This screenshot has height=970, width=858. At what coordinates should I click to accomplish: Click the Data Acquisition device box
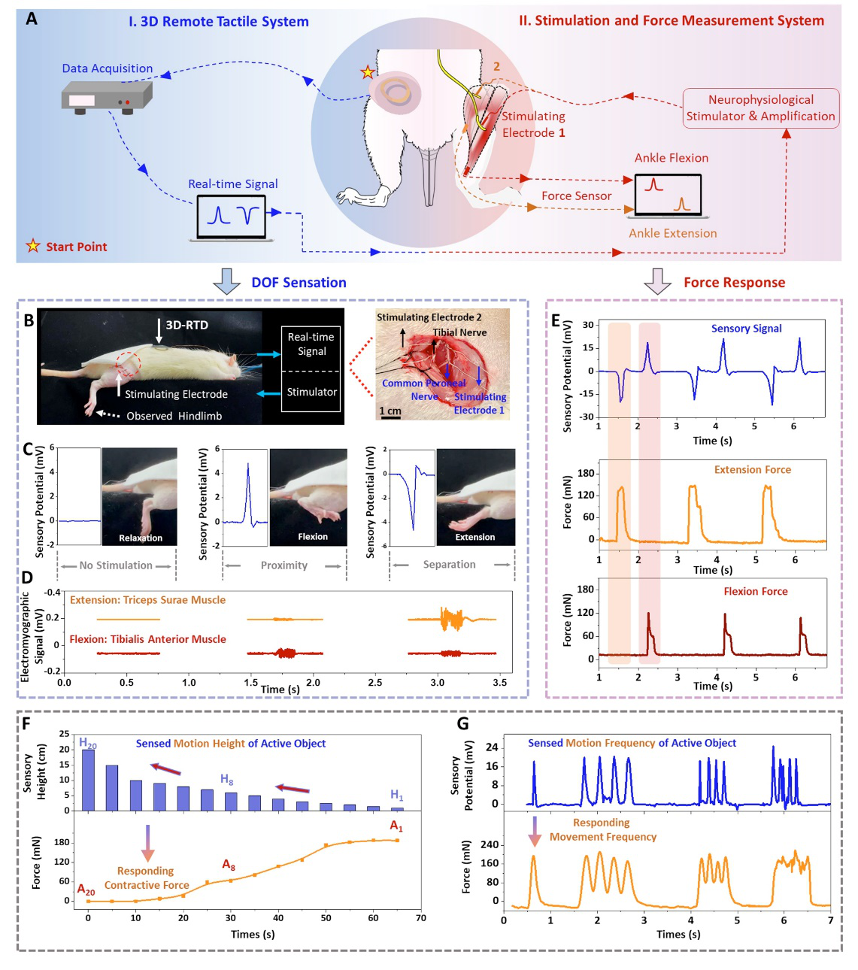click(106, 98)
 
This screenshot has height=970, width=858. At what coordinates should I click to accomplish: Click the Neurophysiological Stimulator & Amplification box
click(760, 108)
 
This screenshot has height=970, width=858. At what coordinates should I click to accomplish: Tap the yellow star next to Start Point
click(33, 246)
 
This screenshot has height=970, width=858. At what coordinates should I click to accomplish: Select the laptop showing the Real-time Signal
click(232, 217)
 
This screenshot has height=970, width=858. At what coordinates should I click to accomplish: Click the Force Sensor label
click(576, 196)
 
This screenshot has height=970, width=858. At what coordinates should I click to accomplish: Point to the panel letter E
click(556, 321)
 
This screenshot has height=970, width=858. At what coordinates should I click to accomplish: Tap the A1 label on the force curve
click(396, 826)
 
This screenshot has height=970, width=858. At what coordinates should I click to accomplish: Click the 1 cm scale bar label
click(390, 411)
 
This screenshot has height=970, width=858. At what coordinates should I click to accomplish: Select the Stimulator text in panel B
click(311, 392)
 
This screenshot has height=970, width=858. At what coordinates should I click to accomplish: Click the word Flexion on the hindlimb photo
click(312, 537)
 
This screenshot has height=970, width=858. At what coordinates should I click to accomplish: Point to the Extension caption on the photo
click(474, 537)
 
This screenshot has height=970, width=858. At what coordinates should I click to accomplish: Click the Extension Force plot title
click(752, 470)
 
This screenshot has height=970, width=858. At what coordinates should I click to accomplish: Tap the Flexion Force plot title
click(755, 592)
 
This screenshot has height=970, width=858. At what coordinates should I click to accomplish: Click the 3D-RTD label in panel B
click(186, 325)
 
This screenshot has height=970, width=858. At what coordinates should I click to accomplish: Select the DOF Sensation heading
click(299, 283)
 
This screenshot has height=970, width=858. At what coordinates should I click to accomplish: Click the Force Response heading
click(734, 283)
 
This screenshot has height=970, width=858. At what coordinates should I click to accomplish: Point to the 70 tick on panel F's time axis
click(421, 918)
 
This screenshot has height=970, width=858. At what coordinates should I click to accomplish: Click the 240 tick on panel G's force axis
click(490, 844)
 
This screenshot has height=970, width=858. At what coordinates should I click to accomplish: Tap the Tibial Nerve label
click(459, 332)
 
